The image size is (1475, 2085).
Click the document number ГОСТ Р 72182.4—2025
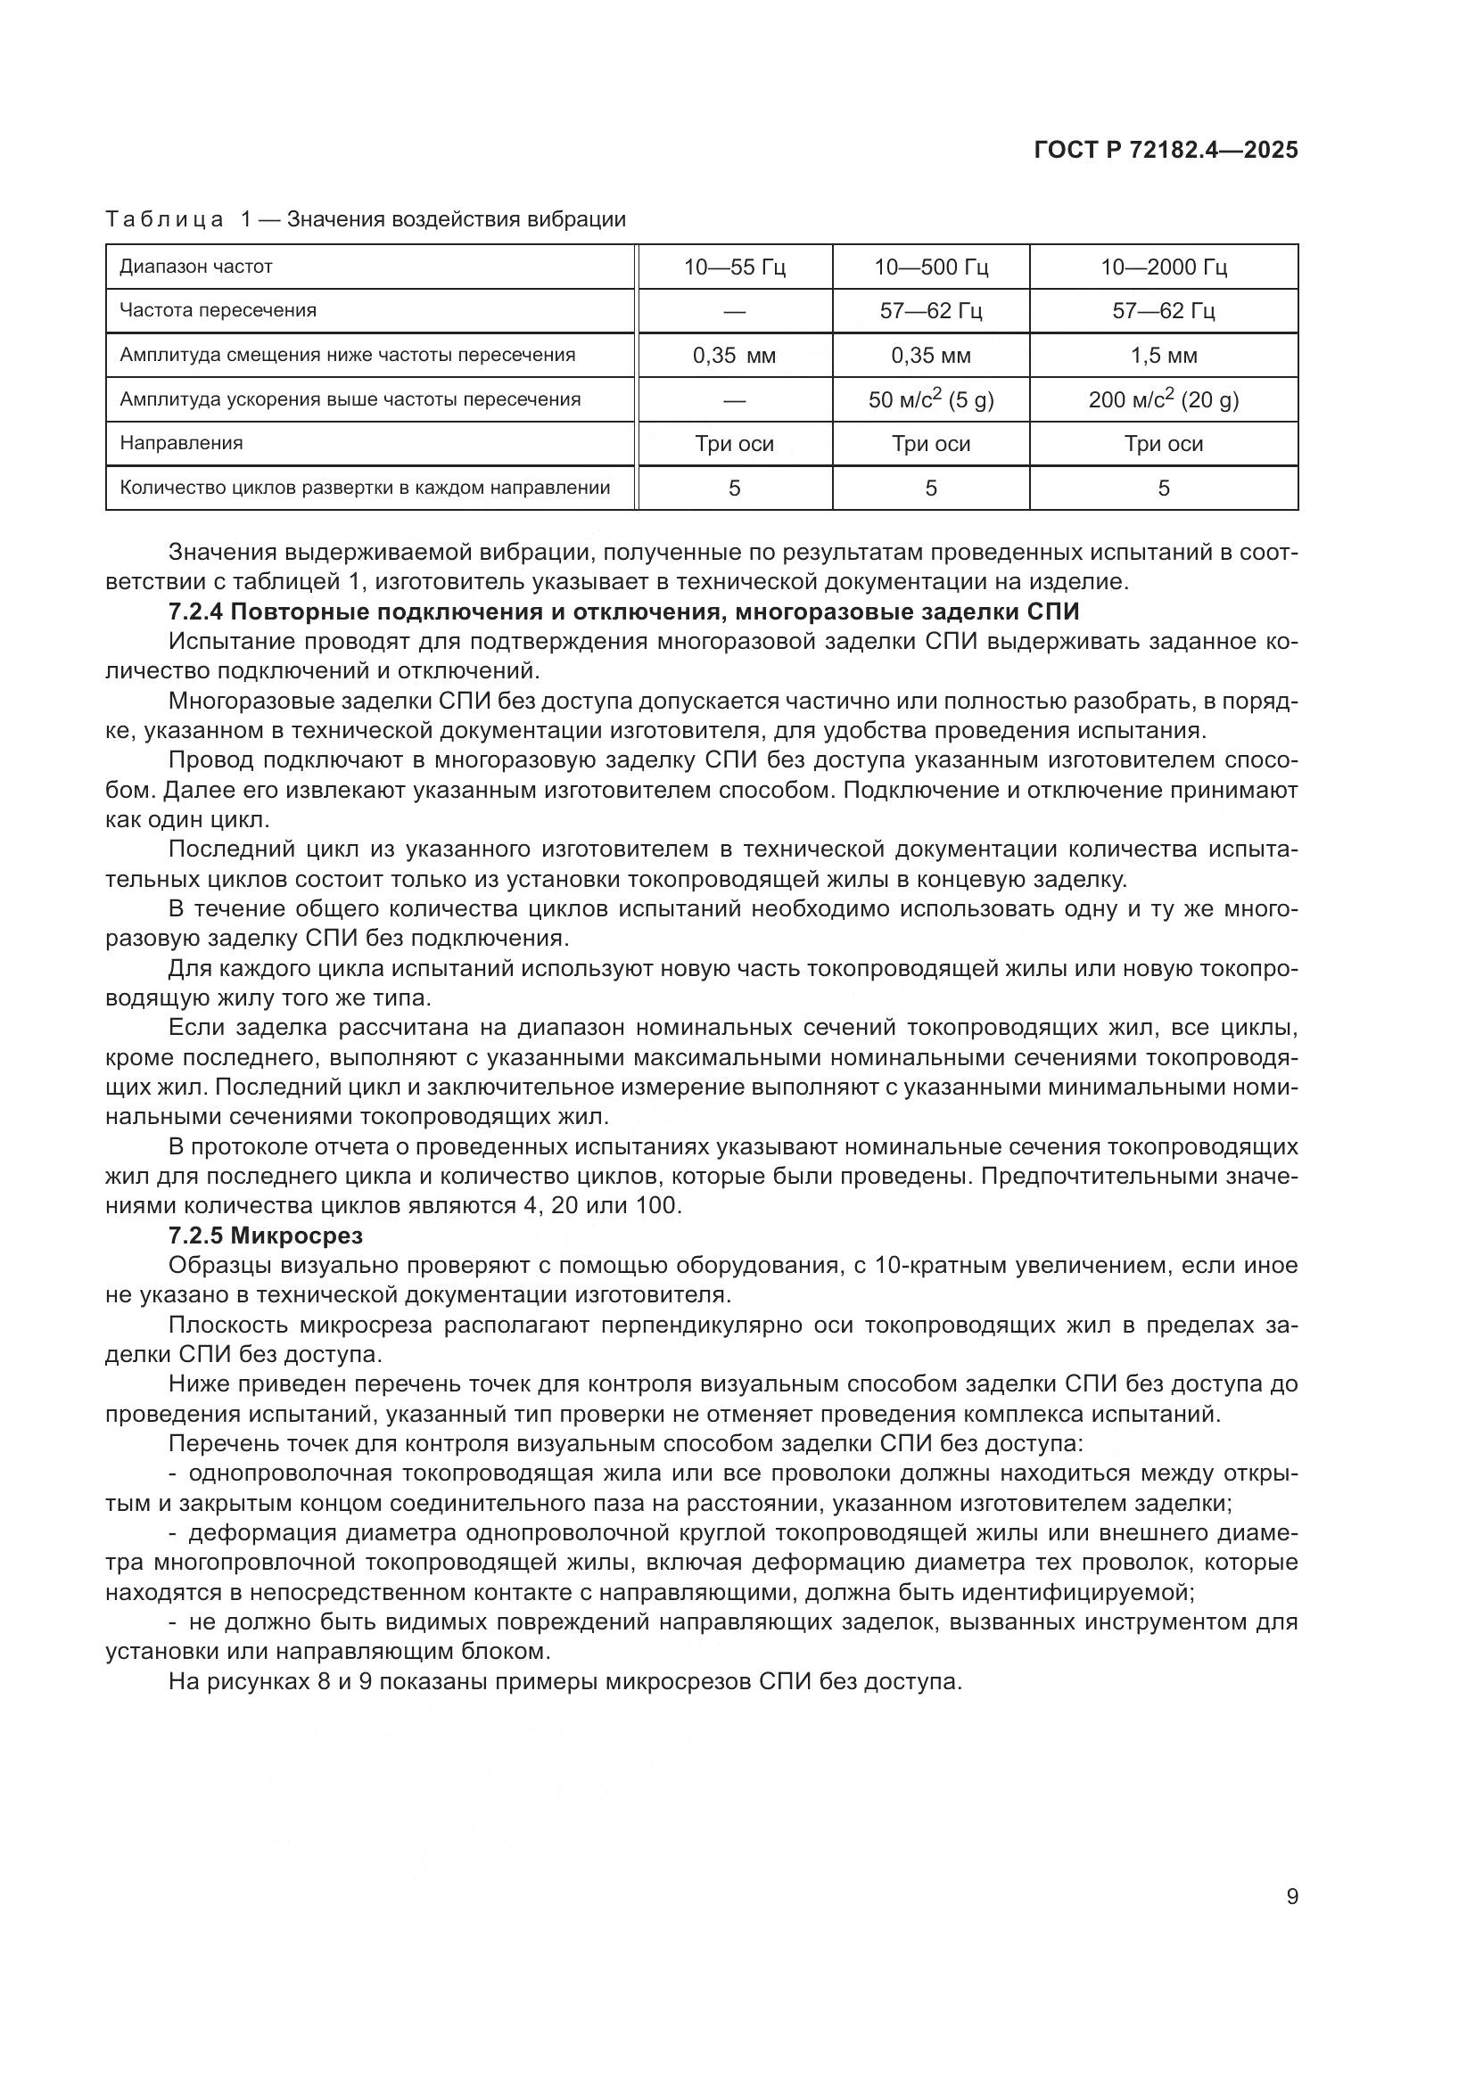[1166, 151]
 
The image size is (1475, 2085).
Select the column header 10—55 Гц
[734, 267]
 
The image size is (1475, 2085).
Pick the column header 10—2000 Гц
[1164, 267]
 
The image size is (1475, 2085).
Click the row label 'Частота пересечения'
[218, 310]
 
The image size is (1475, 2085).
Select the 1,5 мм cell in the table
[1164, 355]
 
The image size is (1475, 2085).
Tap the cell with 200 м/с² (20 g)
[1164, 399]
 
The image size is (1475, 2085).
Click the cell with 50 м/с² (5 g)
[931, 399]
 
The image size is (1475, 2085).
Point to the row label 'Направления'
[182, 444]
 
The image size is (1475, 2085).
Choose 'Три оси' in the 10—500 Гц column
[931, 444]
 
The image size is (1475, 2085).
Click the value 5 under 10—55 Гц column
[734, 488]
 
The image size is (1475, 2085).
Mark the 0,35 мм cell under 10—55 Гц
[734, 355]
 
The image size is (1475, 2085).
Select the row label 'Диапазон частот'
[196, 267]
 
